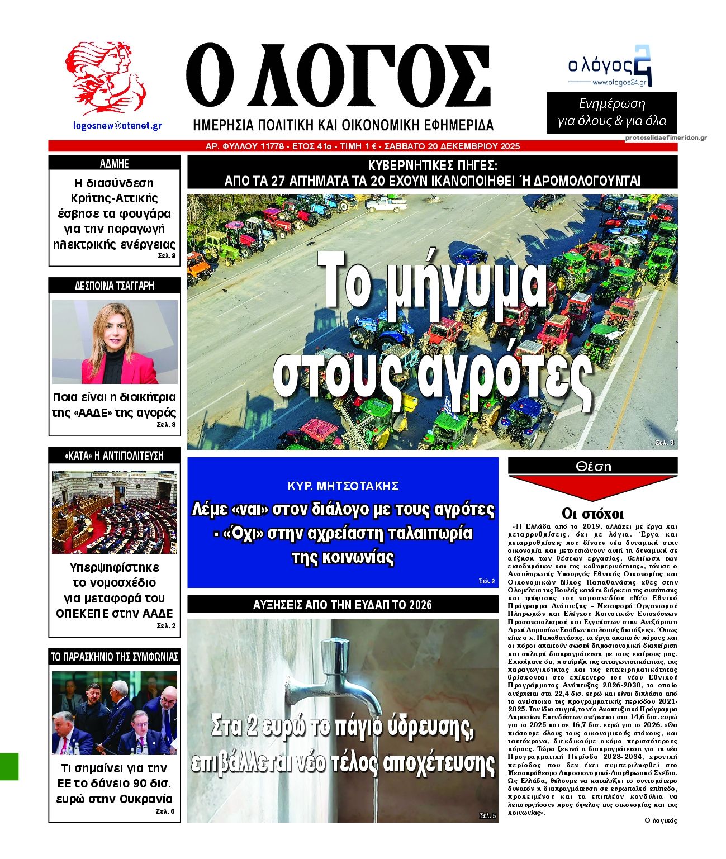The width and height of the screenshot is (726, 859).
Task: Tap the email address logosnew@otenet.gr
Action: pyautogui.click(x=117, y=126)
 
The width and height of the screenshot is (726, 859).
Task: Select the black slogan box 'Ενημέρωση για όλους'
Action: pyautogui.click(x=611, y=113)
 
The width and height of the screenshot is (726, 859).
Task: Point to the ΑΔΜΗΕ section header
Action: pyautogui.click(x=115, y=163)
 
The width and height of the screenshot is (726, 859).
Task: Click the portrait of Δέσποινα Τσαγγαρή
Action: pyautogui.click(x=115, y=342)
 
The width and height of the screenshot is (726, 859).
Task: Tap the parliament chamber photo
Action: pyautogui.click(x=115, y=512)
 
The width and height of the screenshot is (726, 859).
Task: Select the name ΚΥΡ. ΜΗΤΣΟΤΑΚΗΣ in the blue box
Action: pyautogui.click(x=343, y=486)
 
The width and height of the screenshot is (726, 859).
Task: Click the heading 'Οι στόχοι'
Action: pyautogui.click(x=592, y=514)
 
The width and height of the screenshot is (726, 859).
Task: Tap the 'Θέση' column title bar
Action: pyautogui.click(x=592, y=466)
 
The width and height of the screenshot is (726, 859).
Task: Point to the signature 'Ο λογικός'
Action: pyautogui.click(x=661, y=820)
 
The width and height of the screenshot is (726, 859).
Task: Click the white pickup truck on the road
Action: pyautogui.click(x=386, y=204)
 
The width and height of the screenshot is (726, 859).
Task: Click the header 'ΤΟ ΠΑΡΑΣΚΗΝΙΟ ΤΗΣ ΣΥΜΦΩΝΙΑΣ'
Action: pyautogui.click(x=115, y=657)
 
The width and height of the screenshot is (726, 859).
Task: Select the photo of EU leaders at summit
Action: pyautogui.click(x=115, y=713)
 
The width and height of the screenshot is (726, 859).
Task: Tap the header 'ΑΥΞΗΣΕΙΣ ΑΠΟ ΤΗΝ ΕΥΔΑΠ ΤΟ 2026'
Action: pyautogui.click(x=343, y=605)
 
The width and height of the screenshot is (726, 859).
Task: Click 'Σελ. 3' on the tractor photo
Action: pyautogui.click(x=664, y=443)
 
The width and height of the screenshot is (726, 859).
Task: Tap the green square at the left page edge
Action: pyautogui.click(x=9, y=766)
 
